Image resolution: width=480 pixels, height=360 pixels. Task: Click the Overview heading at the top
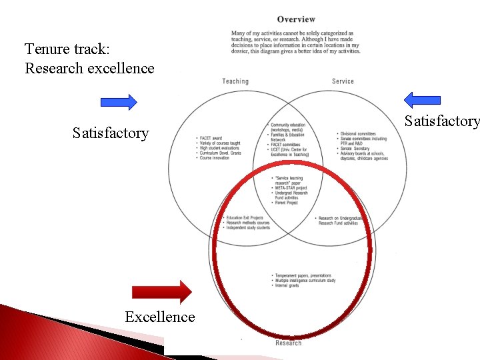(x=296, y=19)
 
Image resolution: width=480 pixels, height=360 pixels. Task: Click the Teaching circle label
(x=235, y=81)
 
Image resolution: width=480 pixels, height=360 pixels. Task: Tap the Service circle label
(x=343, y=81)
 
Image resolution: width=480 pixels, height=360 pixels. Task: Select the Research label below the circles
(x=289, y=343)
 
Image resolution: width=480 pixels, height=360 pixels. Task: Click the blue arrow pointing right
(x=119, y=102)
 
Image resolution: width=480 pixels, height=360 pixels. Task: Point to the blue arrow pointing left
(x=422, y=100)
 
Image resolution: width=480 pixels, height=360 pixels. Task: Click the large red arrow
(x=162, y=292)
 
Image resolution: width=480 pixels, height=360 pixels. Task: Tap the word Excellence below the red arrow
(x=160, y=317)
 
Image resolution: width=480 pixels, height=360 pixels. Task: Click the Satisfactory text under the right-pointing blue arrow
(x=111, y=133)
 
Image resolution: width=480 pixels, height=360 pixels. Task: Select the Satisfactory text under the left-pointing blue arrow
(x=442, y=121)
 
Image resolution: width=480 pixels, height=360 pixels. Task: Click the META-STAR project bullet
(x=290, y=188)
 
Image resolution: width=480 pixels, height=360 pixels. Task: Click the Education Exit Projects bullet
(x=244, y=217)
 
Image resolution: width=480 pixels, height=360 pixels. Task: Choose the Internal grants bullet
(x=289, y=285)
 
